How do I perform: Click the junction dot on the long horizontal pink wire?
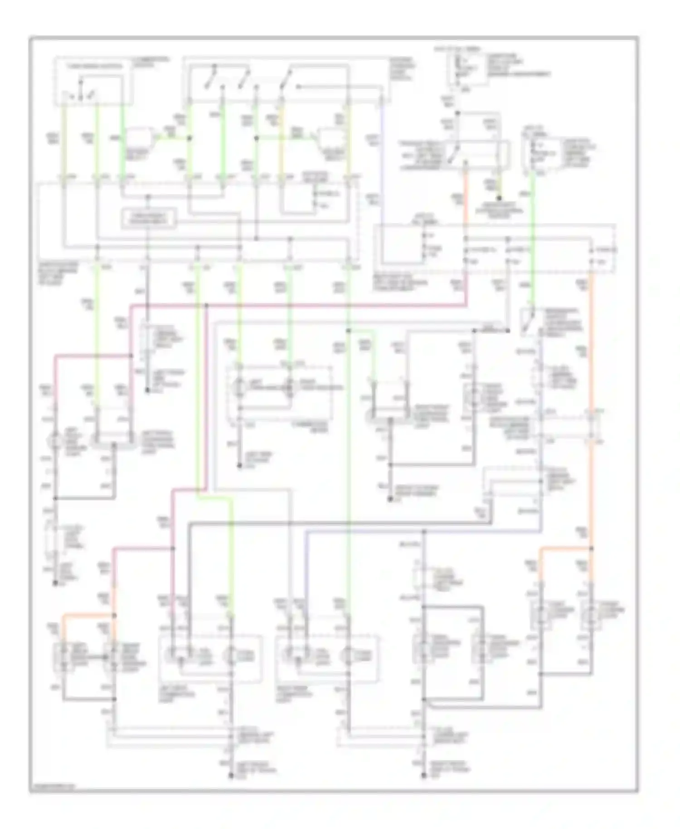tap(206, 305)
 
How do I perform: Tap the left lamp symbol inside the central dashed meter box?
tap(239, 388)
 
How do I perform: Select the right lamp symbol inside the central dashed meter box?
tap(290, 388)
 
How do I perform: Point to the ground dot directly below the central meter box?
tap(239, 466)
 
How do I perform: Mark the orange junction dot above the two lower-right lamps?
tap(591, 549)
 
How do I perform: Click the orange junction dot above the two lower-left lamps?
tap(113, 615)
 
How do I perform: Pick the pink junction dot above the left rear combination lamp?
tap(173, 549)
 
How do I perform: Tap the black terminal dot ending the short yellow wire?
tap(499, 198)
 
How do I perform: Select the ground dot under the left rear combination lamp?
tap(231, 776)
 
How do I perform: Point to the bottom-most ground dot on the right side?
tap(424, 776)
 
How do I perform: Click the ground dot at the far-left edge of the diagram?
tap(55, 583)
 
